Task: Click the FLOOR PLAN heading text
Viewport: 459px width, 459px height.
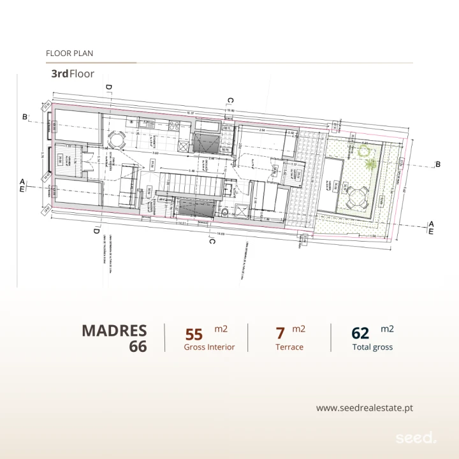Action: pyautogui.click(x=69, y=54)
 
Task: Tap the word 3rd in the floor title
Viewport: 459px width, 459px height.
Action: pyautogui.click(x=60, y=74)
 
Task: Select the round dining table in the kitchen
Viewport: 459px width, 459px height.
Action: pyautogui.click(x=117, y=139)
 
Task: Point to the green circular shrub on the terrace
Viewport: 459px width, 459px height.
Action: pyautogui.click(x=364, y=152)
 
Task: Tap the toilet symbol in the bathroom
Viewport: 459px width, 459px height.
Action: pyautogui.click(x=224, y=213)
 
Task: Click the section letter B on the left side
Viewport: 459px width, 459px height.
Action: pyautogui.click(x=25, y=117)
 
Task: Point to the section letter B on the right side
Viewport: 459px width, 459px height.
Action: pyautogui.click(x=437, y=164)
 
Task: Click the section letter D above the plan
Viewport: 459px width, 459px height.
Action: pyautogui.click(x=109, y=87)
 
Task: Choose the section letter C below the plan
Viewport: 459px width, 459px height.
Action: pyautogui.click(x=212, y=240)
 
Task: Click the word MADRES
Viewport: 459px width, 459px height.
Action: pyautogui.click(x=114, y=331)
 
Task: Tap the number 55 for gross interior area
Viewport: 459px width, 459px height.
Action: pyautogui.click(x=194, y=334)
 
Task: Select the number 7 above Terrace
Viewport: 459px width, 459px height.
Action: pyautogui.click(x=280, y=333)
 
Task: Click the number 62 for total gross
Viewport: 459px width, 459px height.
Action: pyautogui.click(x=360, y=333)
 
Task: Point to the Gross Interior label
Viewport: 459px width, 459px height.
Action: pyautogui.click(x=209, y=347)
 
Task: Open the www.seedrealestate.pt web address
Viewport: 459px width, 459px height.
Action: pyautogui.click(x=369, y=408)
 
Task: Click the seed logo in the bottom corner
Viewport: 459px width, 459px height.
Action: pyautogui.click(x=416, y=438)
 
